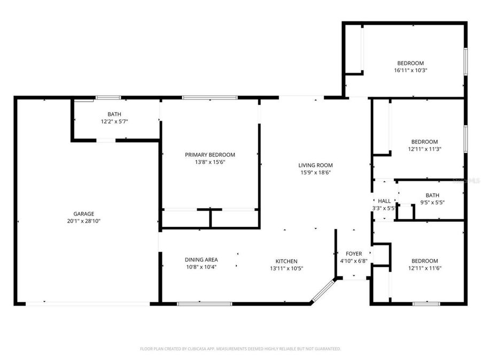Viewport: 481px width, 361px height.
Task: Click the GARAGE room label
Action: (83, 213)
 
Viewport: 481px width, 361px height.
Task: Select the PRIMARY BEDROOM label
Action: (210, 155)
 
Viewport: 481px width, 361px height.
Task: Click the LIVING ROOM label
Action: (315, 165)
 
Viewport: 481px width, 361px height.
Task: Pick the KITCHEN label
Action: (286, 262)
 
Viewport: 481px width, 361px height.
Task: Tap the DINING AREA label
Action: (201, 260)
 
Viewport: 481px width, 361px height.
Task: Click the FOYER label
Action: (353, 254)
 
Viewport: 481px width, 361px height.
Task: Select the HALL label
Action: (384, 201)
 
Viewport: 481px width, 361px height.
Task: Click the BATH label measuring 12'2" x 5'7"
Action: (114, 114)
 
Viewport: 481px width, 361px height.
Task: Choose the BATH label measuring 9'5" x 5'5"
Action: (432, 195)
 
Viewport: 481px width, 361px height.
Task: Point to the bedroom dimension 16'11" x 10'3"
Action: (410, 70)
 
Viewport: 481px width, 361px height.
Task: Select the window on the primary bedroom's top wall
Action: (210, 97)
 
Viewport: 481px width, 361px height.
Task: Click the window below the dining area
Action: (204, 304)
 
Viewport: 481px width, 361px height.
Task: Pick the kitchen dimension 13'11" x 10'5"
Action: (286, 268)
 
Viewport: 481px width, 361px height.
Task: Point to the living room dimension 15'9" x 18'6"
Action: (315, 172)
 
